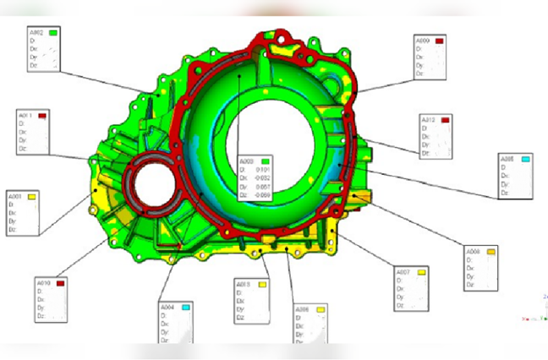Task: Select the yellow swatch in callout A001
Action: (31, 196)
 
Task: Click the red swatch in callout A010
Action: (60, 283)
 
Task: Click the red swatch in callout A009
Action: (439, 41)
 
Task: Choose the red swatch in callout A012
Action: (444, 121)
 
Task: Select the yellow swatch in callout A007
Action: (420, 272)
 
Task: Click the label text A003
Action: (247, 161)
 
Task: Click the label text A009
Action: (422, 41)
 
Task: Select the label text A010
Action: (44, 283)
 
